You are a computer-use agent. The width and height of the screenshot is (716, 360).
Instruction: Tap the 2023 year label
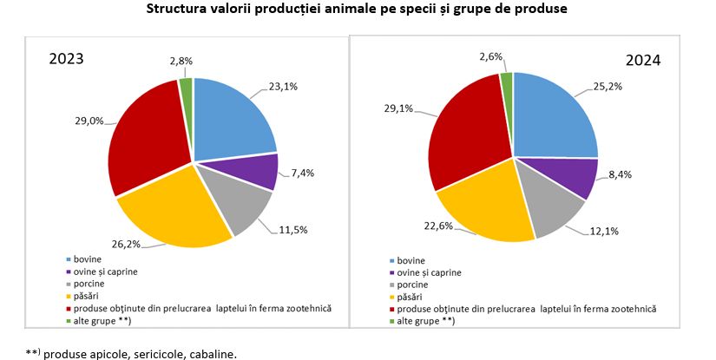point(66,58)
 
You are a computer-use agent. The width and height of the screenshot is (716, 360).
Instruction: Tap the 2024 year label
point(643,60)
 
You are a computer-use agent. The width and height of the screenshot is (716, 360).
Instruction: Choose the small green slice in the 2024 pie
point(507,81)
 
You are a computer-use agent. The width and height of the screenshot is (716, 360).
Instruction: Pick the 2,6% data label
point(492,56)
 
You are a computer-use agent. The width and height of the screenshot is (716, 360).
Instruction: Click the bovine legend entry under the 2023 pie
point(88,259)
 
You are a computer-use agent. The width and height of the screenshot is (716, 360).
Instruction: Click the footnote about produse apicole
point(130,352)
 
